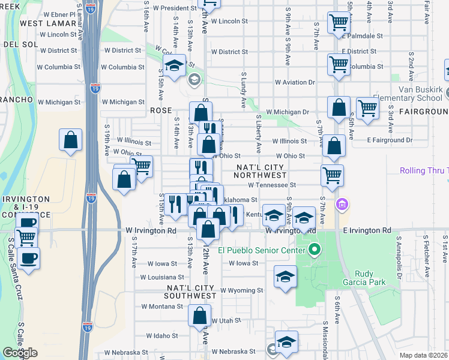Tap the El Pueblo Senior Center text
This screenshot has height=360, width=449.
pos(262,250)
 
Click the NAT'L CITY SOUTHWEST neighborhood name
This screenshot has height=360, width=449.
pos(191,292)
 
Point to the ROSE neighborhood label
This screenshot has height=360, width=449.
pos(161,111)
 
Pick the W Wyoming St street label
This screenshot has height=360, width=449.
pos(241,290)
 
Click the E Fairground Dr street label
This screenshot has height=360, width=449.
pos(391,140)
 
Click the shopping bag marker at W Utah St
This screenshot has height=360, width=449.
pos(200,315)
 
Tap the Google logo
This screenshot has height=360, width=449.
pos(20,353)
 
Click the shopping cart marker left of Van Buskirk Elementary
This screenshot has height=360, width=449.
pos(367,109)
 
